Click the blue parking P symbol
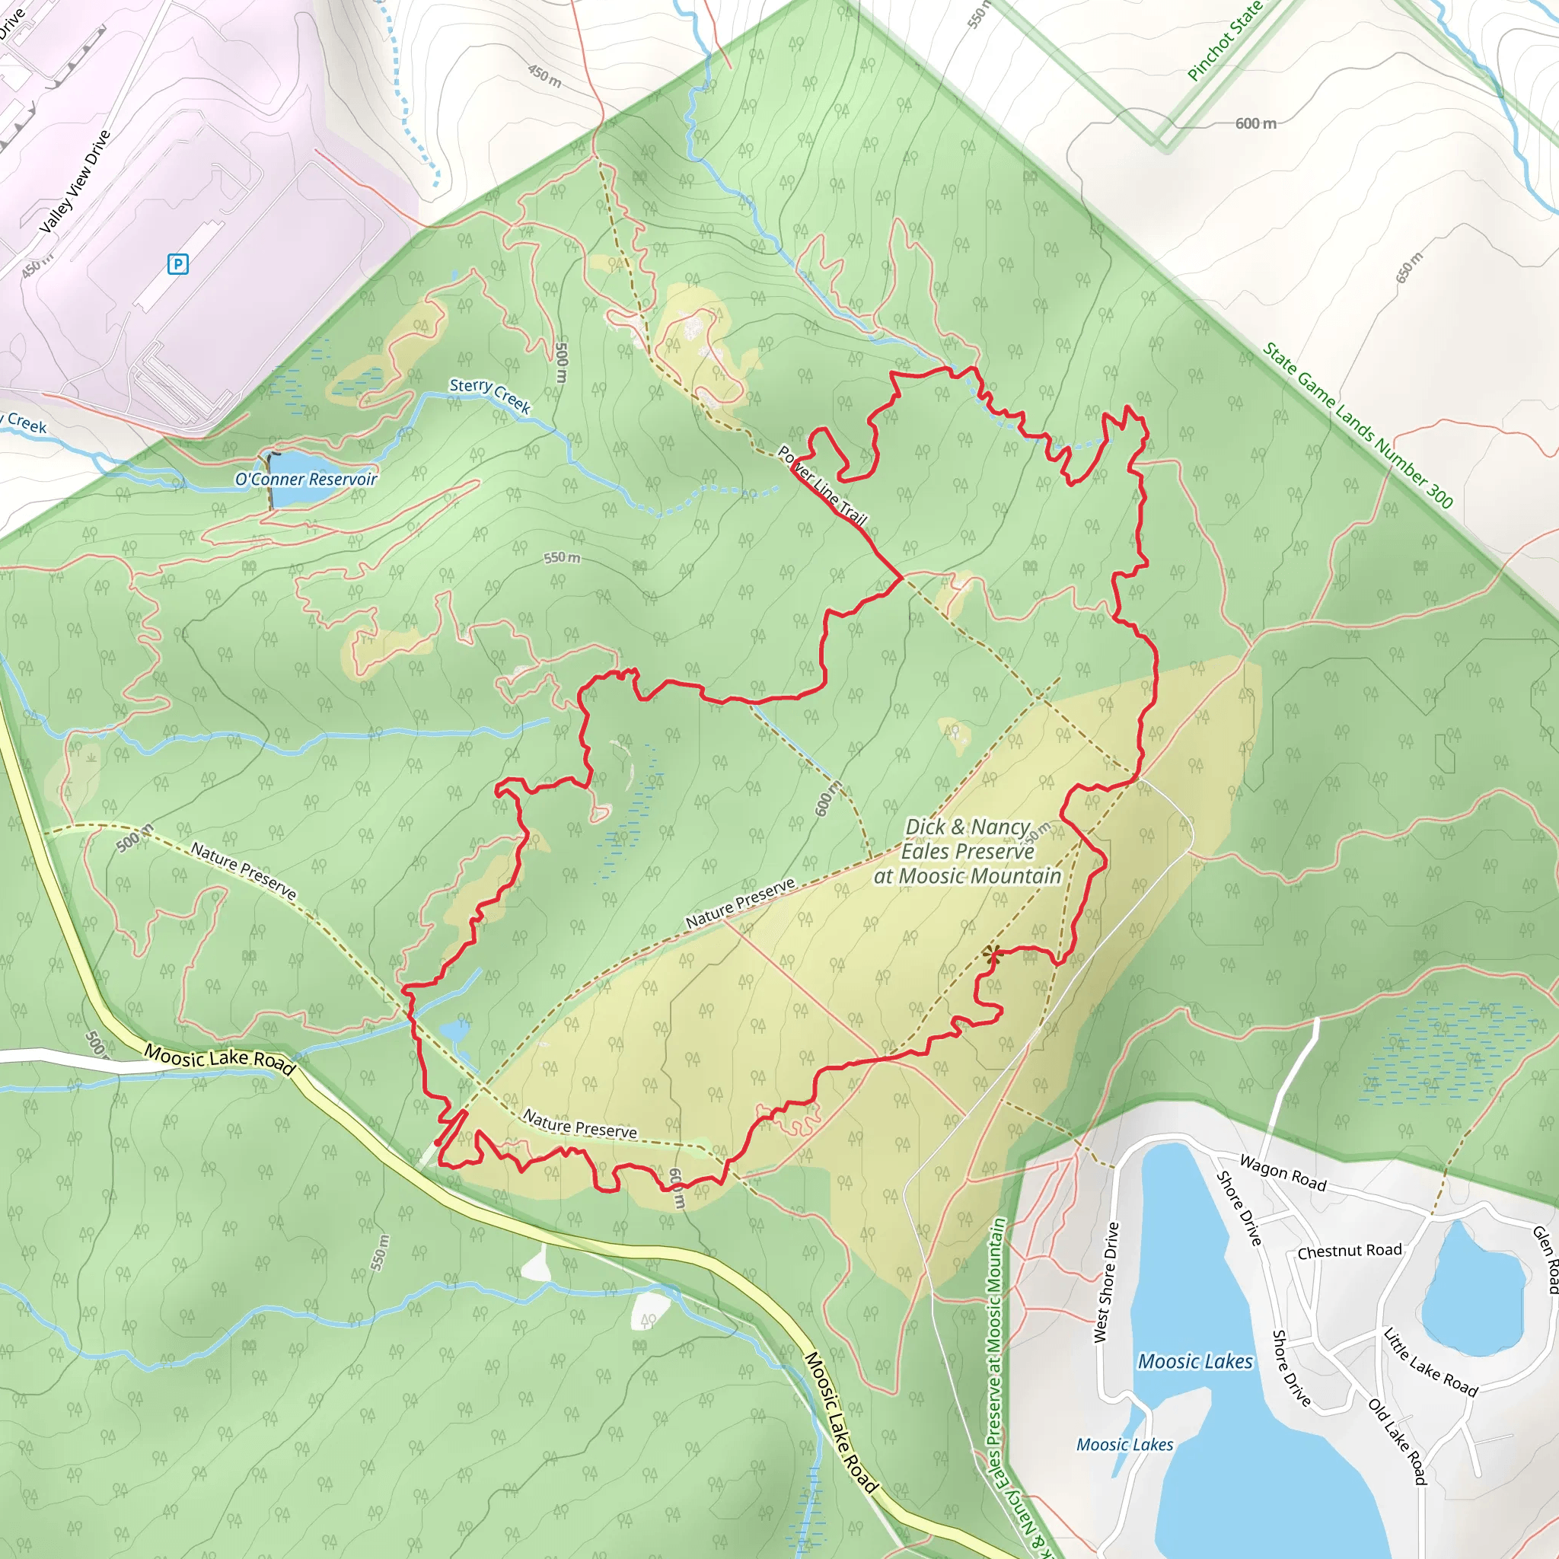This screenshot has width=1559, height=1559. pyautogui.click(x=177, y=264)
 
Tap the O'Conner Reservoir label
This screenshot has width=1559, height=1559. pyautogui.click(x=306, y=480)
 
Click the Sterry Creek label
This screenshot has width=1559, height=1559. pyautogui.click(x=489, y=394)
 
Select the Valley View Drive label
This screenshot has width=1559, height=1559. pyautogui.click(x=75, y=182)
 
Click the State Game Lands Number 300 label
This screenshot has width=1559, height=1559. pyautogui.click(x=1357, y=426)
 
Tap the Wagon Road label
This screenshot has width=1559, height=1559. pyautogui.click(x=1282, y=1173)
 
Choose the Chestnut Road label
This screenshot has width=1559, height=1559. pyautogui.click(x=1349, y=1251)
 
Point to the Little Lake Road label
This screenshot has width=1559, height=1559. pyautogui.click(x=1430, y=1363)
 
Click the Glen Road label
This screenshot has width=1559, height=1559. pyautogui.click(x=1546, y=1259)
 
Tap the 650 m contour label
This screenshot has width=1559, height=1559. pyautogui.click(x=1410, y=268)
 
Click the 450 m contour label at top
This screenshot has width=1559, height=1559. pyautogui.click(x=545, y=76)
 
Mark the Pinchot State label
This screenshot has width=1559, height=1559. pyautogui.click(x=1223, y=40)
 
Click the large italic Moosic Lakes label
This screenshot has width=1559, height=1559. pyautogui.click(x=1195, y=1362)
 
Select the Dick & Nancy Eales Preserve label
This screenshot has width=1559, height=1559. pyautogui.click(x=968, y=851)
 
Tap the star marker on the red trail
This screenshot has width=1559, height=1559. pyautogui.click(x=992, y=954)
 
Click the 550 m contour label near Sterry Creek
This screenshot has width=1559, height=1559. pyautogui.click(x=562, y=557)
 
